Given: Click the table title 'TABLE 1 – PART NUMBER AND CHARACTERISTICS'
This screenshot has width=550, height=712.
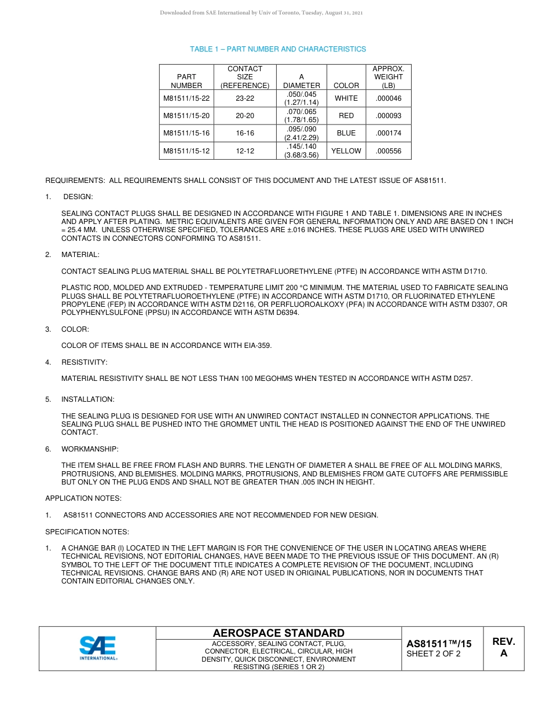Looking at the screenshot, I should point(278,49).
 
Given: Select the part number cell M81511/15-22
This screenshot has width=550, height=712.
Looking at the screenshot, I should point(186,98).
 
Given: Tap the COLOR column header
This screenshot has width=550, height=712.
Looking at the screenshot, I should point(346,85).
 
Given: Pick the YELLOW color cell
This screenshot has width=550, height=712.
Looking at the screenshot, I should point(346,151).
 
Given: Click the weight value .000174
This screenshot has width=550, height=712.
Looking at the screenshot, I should point(388,133).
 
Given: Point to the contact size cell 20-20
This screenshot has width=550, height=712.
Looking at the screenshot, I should point(245,116).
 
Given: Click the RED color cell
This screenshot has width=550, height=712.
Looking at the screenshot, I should point(346,116).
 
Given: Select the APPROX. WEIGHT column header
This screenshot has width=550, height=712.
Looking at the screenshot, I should point(388,77).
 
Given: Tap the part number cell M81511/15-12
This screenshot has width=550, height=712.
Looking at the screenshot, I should point(186,151).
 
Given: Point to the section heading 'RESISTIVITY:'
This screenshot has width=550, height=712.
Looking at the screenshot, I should point(85,362).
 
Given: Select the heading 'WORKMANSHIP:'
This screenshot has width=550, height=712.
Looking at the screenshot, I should point(90,449).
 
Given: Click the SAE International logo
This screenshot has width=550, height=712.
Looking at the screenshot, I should point(98,648).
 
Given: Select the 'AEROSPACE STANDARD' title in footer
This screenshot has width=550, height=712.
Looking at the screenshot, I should point(278,633).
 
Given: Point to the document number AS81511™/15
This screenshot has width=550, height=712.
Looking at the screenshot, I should point(439,644).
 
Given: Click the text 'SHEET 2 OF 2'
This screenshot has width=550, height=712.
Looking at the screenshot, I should point(434,655).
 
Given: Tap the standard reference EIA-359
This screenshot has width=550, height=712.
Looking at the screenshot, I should point(256,346).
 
